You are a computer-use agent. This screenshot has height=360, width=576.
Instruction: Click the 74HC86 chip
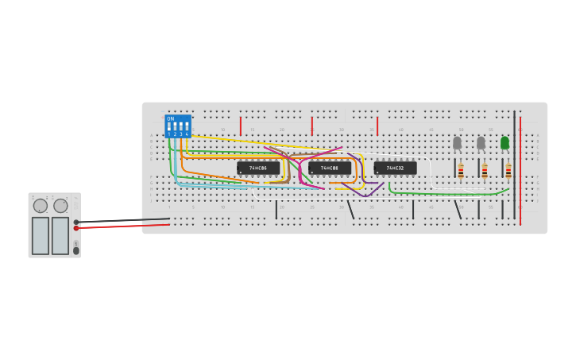coord(258,168)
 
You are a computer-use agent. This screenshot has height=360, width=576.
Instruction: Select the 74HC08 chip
coord(330,168)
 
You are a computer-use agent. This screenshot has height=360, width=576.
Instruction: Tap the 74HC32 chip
coord(395,168)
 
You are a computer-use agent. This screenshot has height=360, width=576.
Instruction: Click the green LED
coord(504,142)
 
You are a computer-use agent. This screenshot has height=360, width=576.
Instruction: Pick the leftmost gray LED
coord(457,142)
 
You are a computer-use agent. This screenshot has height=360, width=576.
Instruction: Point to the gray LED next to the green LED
coord(481,142)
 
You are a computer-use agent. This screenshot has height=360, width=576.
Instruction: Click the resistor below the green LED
coord(508,171)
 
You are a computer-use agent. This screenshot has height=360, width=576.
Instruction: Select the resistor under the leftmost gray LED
coord(461,171)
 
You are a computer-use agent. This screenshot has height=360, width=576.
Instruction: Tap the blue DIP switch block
coord(178,126)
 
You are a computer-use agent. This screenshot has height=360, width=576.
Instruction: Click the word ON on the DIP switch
coord(171,118)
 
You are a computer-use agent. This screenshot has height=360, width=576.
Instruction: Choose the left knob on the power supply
coord(40,206)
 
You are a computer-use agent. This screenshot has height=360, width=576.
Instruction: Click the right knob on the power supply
coord(60,206)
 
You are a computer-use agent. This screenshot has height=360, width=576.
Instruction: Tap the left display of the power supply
coord(41,235)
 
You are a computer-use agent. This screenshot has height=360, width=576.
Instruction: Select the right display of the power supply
coord(60,235)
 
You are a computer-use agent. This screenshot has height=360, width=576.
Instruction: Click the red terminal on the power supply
coord(76,228)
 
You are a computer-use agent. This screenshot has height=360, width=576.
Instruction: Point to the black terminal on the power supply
coord(76,222)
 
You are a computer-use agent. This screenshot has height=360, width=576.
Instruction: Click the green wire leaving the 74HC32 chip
coord(445,193)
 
